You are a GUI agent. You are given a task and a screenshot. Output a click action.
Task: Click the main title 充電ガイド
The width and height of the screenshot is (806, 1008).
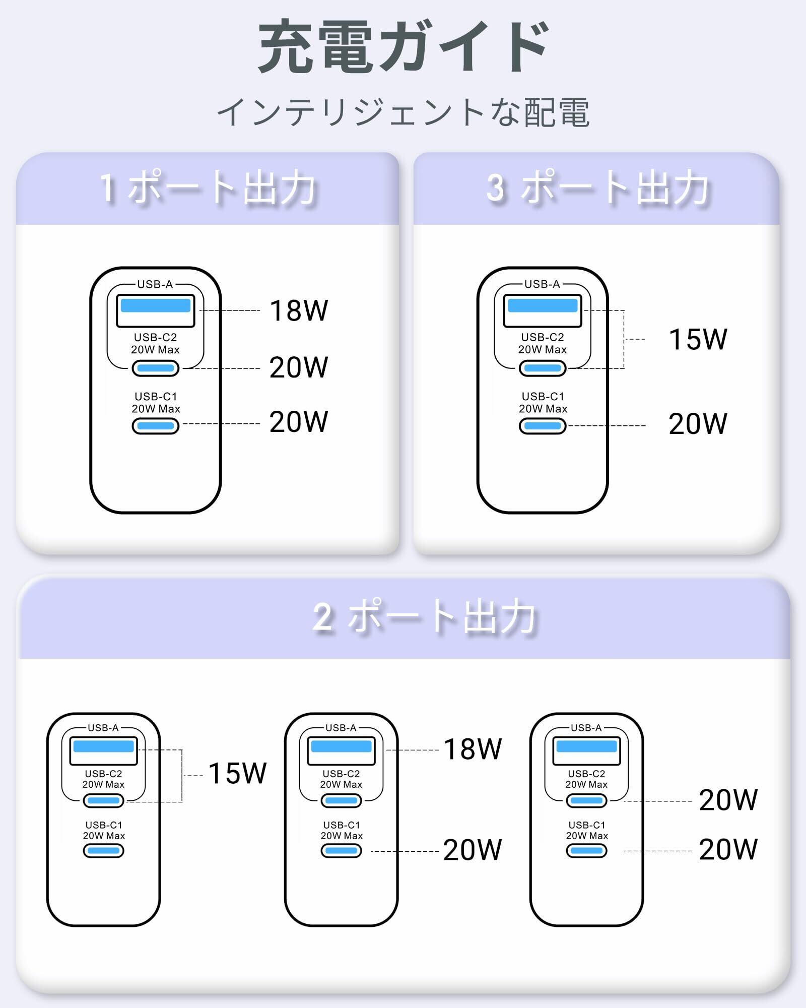(x=403, y=46)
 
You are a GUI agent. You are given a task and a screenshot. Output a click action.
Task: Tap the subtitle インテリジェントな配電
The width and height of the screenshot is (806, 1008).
(x=403, y=112)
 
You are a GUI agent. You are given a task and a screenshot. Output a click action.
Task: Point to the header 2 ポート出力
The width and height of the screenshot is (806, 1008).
(x=424, y=617)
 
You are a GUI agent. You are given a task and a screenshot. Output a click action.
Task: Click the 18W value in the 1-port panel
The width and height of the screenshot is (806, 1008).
(x=299, y=310)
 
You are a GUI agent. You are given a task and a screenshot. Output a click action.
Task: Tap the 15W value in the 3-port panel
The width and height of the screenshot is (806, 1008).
(x=698, y=339)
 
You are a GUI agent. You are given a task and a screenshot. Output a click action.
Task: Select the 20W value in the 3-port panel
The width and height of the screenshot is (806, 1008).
(x=698, y=424)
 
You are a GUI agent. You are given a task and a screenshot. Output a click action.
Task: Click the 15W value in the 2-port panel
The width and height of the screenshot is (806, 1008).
(x=237, y=773)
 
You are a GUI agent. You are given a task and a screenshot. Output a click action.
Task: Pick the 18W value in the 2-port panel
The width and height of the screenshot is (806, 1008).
(x=472, y=749)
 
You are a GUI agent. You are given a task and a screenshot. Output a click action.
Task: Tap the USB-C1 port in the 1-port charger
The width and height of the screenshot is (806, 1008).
(x=156, y=426)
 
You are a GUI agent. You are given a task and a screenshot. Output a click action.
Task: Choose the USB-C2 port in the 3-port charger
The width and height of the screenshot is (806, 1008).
(x=543, y=368)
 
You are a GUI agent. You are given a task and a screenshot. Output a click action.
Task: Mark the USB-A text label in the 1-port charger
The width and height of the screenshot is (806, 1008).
(x=155, y=284)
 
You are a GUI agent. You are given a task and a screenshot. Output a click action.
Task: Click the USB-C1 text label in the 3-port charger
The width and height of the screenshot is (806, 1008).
(x=543, y=397)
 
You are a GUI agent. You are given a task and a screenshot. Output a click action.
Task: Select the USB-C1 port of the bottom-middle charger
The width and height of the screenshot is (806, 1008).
(x=341, y=851)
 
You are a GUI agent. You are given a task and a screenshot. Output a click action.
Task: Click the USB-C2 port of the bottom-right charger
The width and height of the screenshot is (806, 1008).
(x=586, y=800)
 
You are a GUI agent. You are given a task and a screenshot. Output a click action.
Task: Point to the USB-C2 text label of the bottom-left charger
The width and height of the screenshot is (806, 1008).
(x=103, y=774)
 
